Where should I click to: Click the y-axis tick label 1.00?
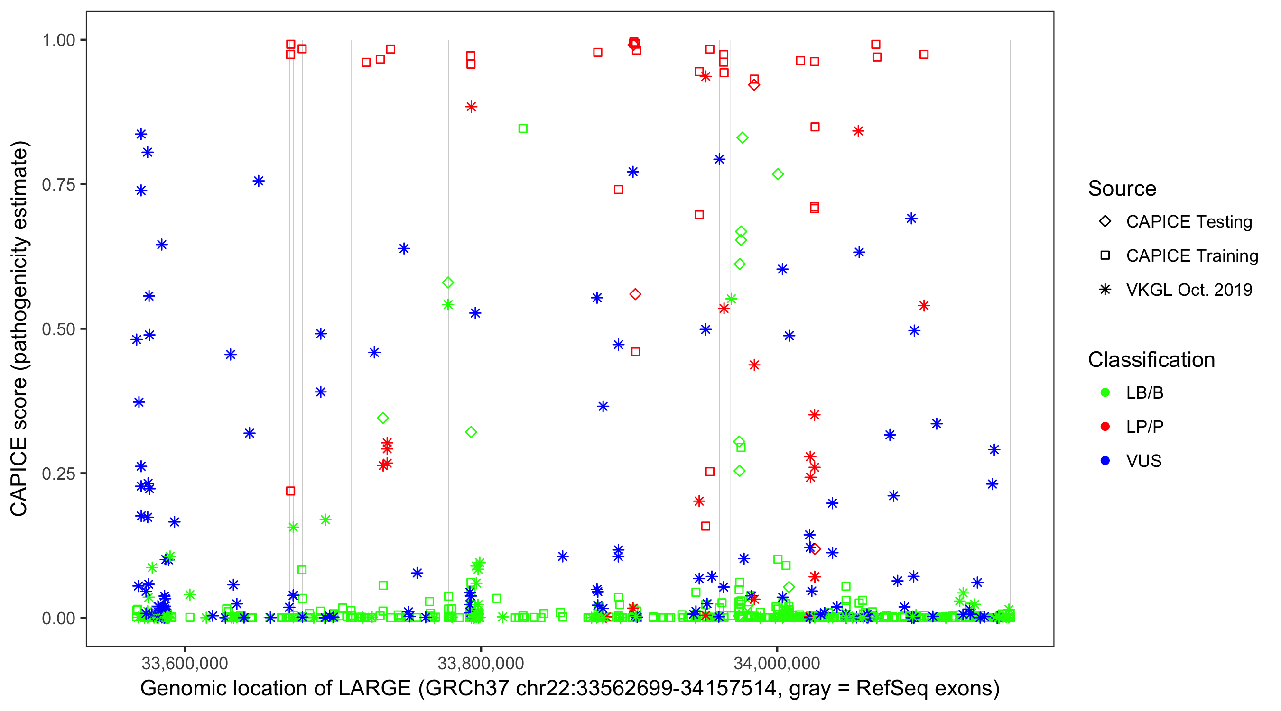(58, 40)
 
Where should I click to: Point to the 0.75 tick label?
(58, 185)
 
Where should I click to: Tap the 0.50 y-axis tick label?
(58, 329)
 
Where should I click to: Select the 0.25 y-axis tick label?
(58, 474)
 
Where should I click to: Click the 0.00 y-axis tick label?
(58, 618)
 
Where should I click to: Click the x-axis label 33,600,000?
(185, 663)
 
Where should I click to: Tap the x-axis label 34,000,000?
(777, 663)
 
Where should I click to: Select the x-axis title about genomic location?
(570, 689)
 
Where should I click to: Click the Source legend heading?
(1122, 189)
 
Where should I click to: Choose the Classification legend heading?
(1151, 360)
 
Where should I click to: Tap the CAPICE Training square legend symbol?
(1105, 256)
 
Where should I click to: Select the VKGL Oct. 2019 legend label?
(1189, 290)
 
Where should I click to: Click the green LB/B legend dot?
(1105, 392)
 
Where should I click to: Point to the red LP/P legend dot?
(1105, 427)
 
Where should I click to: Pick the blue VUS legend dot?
(1105, 461)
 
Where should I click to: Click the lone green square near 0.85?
(523, 128)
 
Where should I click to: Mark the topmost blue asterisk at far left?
(141, 134)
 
